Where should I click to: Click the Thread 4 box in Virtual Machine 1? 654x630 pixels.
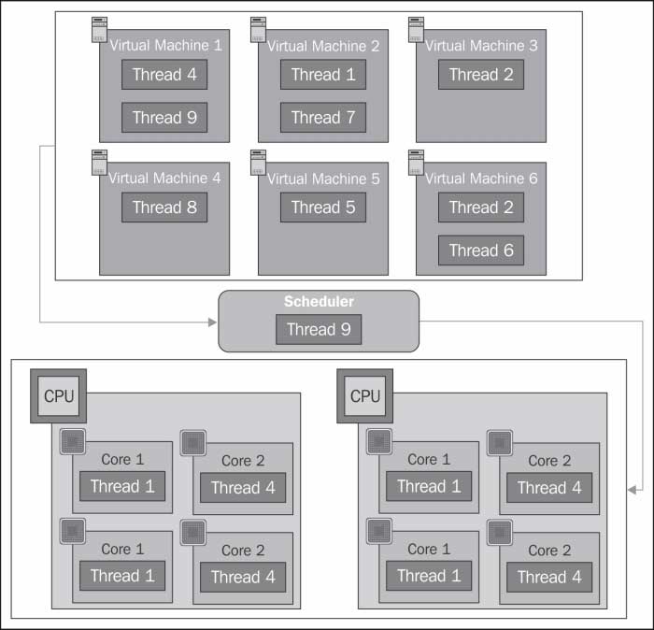[164, 75]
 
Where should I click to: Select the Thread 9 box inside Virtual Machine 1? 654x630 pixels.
[164, 118]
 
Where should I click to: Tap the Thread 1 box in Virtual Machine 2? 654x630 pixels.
[323, 75]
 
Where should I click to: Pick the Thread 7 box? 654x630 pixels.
[323, 118]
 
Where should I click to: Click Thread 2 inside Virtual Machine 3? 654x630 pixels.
[481, 75]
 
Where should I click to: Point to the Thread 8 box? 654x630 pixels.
[164, 208]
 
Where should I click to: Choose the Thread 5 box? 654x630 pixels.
[323, 208]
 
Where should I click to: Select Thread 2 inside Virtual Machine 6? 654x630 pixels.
[481, 208]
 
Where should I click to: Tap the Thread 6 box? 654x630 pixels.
[481, 251]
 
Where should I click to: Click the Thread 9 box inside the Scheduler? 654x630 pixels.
[319, 329]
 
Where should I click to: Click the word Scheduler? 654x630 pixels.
[319, 302]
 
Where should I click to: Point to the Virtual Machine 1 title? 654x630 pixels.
[166, 45]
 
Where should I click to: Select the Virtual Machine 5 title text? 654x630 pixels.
[324, 179]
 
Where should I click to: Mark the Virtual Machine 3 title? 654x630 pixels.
[482, 45]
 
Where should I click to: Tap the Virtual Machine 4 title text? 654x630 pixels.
[166, 179]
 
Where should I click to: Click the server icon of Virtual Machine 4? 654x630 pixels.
[99, 162]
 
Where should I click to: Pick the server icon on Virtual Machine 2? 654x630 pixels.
[258, 29]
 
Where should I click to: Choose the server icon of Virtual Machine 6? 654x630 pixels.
[416, 162]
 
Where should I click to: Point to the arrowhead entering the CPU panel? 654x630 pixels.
[633, 488]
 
